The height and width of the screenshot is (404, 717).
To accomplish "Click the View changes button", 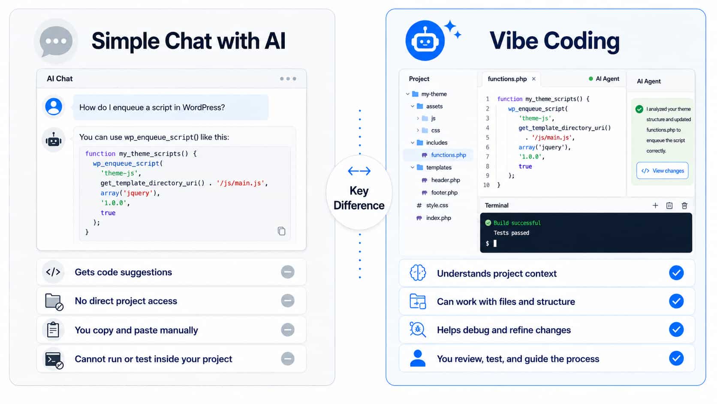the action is tap(662, 171).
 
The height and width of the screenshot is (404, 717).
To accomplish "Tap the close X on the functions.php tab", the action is tap(533, 79).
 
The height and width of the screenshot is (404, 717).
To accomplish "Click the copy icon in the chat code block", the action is tap(281, 231).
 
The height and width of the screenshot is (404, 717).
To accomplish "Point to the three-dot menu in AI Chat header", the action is tap(288, 79).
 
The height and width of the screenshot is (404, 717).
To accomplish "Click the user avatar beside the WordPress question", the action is tap(54, 106).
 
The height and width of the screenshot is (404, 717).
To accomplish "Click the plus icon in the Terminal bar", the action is tap(655, 205).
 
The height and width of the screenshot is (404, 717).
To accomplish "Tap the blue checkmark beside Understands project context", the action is tap(676, 273).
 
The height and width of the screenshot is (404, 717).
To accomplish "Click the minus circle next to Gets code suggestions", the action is tap(288, 272).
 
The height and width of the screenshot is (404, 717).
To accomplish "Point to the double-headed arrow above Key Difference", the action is tap(359, 171).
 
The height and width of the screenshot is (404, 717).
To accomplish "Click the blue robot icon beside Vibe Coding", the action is tap(425, 41).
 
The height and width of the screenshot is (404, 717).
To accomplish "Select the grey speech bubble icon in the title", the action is tap(56, 41).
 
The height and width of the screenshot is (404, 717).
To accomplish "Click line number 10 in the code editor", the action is tap(486, 185).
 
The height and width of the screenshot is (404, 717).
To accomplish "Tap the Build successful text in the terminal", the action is tap(517, 223).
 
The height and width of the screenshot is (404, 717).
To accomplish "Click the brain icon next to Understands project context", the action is tap(418, 273).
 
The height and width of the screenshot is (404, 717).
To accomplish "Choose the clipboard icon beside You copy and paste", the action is tap(53, 330).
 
